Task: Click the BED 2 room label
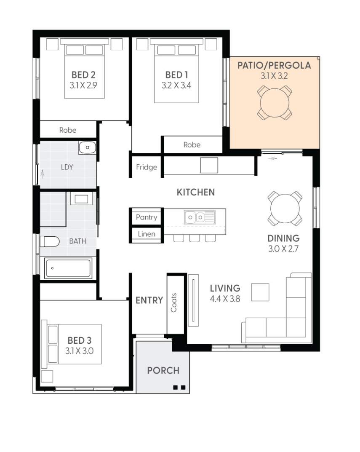point(83,75)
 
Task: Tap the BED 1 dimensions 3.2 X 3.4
point(176,86)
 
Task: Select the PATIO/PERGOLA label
point(274,65)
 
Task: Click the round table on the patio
point(275,103)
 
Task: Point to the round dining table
point(285,209)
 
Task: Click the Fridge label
point(147,167)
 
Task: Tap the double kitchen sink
point(200,217)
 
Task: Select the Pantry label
point(147,217)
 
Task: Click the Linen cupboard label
point(147,234)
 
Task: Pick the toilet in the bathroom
point(49,241)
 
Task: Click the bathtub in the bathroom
point(68,268)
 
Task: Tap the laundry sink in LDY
point(87,147)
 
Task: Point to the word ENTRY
point(149,300)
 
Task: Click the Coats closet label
point(173,303)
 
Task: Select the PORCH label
point(163,370)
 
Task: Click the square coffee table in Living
point(260,292)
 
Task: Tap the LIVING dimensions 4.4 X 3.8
point(225,299)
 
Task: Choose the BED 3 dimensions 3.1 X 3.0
point(79,351)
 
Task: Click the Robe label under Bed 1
point(192,145)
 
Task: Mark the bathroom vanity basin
point(81,199)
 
